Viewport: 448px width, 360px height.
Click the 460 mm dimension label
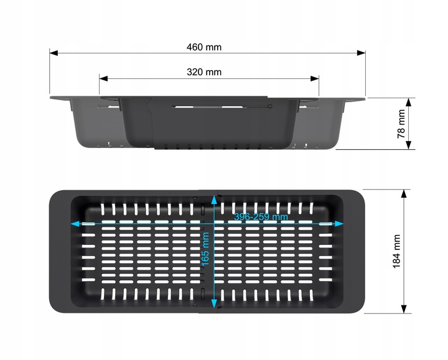[x=204, y=47]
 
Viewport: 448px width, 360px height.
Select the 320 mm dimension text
[x=204, y=72]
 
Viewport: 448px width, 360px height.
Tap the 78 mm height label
[x=401, y=124]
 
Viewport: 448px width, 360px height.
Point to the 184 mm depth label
[x=396, y=252]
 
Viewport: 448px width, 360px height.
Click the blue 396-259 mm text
[x=261, y=217]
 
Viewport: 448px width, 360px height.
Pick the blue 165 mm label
[x=205, y=249]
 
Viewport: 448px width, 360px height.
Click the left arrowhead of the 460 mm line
[x=54, y=53]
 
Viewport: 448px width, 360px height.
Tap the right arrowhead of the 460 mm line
[x=362, y=53]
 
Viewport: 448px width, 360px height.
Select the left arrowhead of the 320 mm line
[x=103, y=78]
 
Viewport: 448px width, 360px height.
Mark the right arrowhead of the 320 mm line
[x=315, y=78]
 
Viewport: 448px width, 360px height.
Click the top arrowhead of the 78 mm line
[x=409, y=102]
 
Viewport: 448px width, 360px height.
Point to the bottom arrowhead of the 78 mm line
[x=409, y=145]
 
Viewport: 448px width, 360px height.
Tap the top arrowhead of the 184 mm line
[x=404, y=193]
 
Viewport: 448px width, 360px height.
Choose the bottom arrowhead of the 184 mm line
[x=404, y=309]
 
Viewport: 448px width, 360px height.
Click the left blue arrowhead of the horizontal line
[x=75, y=224]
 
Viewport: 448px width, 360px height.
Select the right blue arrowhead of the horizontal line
[x=339, y=224]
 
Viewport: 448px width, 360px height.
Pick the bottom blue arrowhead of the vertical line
[x=214, y=303]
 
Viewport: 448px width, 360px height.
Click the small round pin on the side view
[x=269, y=106]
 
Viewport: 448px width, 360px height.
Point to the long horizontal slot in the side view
[x=209, y=107]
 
